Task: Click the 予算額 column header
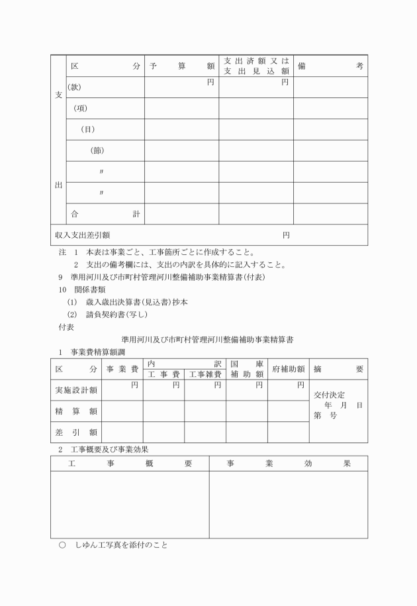pyautogui.click(x=182, y=66)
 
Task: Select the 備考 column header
pyautogui.click(x=330, y=66)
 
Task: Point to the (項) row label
pyautogui.click(x=80, y=108)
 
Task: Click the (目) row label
pyautogui.click(x=87, y=129)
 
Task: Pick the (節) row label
pyautogui.click(x=98, y=150)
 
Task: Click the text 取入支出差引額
pyautogui.click(x=83, y=234)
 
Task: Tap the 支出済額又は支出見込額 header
pyautogui.click(x=256, y=66)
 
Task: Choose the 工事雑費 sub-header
pyautogui.click(x=205, y=375)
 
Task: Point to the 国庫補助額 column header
pyautogui.click(x=247, y=369)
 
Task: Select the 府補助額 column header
pyautogui.click(x=288, y=369)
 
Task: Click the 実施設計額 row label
pyautogui.click(x=75, y=390)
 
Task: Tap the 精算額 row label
pyautogui.click(x=75, y=411)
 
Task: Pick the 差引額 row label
pyautogui.click(x=75, y=432)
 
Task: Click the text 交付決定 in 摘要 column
pyautogui.click(x=330, y=395)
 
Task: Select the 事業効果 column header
pyautogui.click(x=289, y=464)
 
